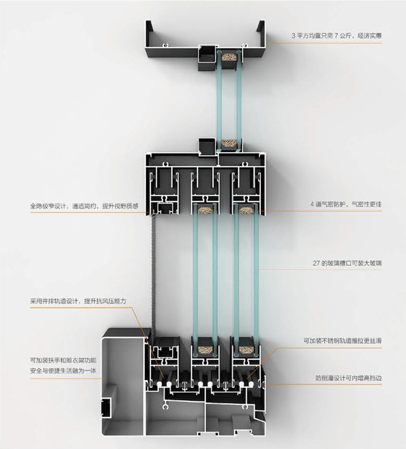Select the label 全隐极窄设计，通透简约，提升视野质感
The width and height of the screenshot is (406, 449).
[84, 207]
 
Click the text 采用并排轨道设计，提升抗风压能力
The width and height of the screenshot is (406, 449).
[78, 301]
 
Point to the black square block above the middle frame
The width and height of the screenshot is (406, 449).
[207, 145]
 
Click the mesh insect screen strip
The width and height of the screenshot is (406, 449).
[153, 271]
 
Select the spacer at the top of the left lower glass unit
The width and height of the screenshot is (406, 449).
[203, 210]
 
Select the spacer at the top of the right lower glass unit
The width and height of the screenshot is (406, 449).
[246, 210]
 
